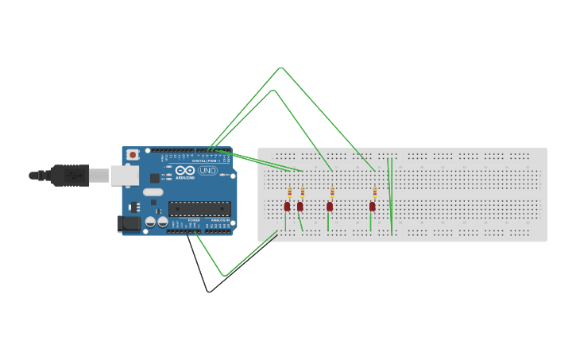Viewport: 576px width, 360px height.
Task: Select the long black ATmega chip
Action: [199, 209]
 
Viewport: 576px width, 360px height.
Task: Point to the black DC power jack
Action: [129, 224]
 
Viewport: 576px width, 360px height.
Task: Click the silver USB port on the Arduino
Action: [125, 175]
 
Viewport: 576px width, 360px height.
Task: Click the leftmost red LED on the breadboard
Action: [288, 207]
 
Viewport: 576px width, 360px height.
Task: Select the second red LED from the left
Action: [300, 207]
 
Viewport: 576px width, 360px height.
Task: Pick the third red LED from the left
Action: [330, 207]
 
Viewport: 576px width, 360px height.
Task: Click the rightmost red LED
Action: [372, 207]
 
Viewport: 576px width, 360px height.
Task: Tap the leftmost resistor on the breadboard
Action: [290, 192]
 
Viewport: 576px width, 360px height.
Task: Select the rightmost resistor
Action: [374, 192]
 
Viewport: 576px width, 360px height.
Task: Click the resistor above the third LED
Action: [332, 192]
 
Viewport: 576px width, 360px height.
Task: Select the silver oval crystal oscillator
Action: [153, 192]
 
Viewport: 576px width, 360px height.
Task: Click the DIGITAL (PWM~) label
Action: [205, 161]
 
